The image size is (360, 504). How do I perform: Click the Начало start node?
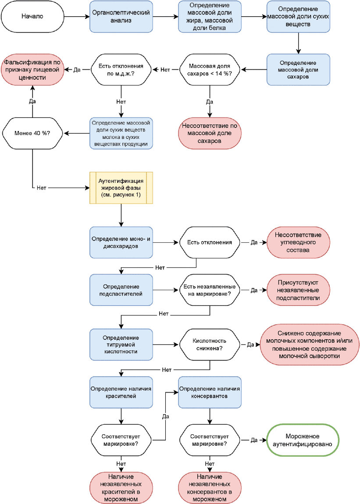point(32,16)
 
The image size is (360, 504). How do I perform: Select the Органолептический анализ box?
point(121,16)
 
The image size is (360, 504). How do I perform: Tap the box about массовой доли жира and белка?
point(210,16)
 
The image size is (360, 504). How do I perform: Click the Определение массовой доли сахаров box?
point(298,69)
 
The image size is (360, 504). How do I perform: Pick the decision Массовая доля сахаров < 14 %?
point(210,69)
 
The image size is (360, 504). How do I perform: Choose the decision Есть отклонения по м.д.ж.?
point(121,69)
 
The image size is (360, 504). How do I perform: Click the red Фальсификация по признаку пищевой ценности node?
point(32,69)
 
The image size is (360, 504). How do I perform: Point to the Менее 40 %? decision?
point(32,133)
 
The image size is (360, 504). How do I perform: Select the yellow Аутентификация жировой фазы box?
point(121,188)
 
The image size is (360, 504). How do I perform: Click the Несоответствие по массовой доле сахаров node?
point(210,133)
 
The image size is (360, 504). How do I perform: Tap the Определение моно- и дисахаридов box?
point(121,242)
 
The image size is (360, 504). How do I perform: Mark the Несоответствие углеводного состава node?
point(298,242)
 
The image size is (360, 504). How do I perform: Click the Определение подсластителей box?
point(121,290)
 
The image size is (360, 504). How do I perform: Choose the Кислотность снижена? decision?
point(210,344)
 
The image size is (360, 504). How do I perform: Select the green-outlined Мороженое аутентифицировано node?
point(303,440)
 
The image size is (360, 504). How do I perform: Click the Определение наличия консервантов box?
point(210,392)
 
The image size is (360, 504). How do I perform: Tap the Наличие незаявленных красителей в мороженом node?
point(121,488)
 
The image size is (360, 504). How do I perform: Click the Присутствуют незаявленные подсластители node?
point(298,290)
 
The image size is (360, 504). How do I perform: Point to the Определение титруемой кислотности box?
point(121,344)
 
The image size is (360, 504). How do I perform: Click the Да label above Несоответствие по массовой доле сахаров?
point(210,102)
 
